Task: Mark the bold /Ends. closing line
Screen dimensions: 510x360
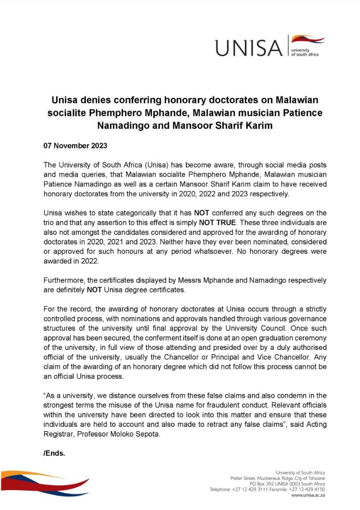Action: click(x=54, y=453)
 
